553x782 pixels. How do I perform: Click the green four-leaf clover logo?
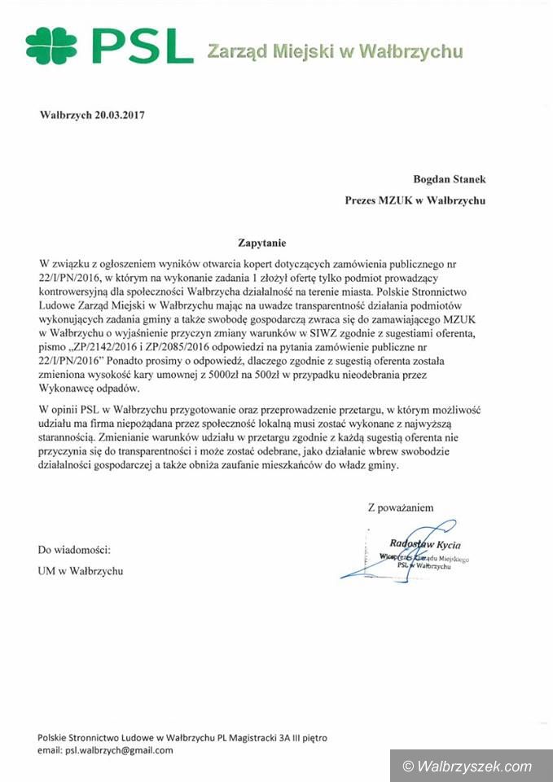(50, 46)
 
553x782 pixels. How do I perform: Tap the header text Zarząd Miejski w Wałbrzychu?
(335, 52)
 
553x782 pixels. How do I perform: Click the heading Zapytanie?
(262, 242)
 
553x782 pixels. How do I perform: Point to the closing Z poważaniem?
(401, 507)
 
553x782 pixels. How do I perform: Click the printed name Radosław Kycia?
(425, 544)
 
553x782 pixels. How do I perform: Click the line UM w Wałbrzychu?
(81, 571)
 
